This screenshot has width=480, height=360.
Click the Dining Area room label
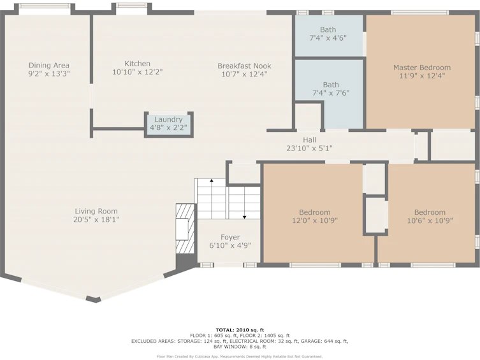[49, 65]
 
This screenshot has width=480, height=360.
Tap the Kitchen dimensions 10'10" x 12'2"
[138, 72]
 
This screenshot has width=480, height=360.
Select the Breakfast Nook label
[244, 66]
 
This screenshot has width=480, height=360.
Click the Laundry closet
[169, 124]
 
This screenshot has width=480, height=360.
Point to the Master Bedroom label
[422, 68]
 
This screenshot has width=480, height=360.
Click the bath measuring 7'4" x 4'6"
[329, 36]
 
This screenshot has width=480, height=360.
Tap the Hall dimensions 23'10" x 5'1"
[310, 148]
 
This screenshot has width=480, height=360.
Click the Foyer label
[230, 237]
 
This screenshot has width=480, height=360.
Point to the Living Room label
[96, 211]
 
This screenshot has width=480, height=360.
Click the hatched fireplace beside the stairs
[185, 229]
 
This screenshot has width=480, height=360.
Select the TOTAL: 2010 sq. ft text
[240, 329]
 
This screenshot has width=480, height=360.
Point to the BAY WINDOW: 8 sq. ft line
[240, 347]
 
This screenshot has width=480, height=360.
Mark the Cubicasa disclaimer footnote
[240, 357]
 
